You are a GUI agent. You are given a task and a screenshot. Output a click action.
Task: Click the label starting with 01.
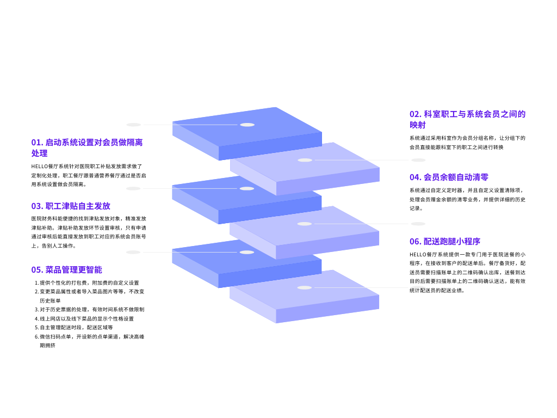(87, 147)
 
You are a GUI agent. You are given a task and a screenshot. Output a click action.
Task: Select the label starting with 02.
(467, 119)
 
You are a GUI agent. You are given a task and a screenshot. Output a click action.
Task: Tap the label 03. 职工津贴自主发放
(71, 206)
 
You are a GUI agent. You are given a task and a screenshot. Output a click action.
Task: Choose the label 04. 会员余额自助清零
(449, 177)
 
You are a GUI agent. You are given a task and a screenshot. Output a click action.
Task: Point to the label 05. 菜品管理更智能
(66, 269)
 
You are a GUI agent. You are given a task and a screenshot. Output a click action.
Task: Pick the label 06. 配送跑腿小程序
(445, 241)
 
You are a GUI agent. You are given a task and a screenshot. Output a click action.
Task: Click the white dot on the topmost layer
(247, 125)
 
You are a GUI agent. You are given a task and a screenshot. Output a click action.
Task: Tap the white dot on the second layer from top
(305, 160)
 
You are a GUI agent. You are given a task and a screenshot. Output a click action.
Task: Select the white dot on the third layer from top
(247, 188)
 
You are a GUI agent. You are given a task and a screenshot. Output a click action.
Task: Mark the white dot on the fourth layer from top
(305, 224)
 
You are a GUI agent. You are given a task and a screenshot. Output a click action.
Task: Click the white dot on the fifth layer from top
(247, 252)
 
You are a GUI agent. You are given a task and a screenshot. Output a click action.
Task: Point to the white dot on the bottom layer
(305, 287)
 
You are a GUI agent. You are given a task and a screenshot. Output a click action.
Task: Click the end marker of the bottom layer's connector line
(418, 287)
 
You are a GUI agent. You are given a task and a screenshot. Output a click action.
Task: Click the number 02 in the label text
(415, 114)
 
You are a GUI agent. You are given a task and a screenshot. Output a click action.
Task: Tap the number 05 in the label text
(36, 269)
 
